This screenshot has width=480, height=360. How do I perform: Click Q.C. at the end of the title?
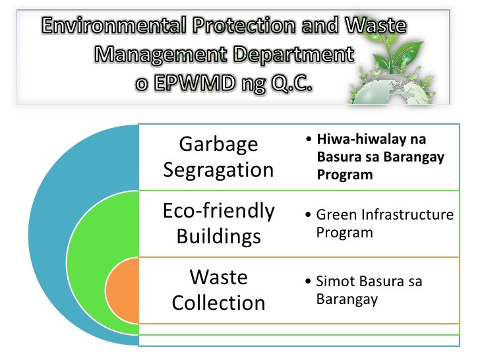[x=291, y=86]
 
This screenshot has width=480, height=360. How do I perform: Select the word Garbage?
[x=218, y=144]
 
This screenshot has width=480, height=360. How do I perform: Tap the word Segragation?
[x=218, y=170]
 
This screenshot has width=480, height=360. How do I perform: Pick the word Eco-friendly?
[x=218, y=211]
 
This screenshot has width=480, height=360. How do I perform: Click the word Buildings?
[x=218, y=237]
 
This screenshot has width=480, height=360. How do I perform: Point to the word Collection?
[x=218, y=303]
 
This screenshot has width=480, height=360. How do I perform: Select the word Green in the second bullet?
[x=334, y=215]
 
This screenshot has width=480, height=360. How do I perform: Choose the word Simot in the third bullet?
[x=334, y=282]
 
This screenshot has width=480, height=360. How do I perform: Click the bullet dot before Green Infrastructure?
[x=310, y=216]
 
